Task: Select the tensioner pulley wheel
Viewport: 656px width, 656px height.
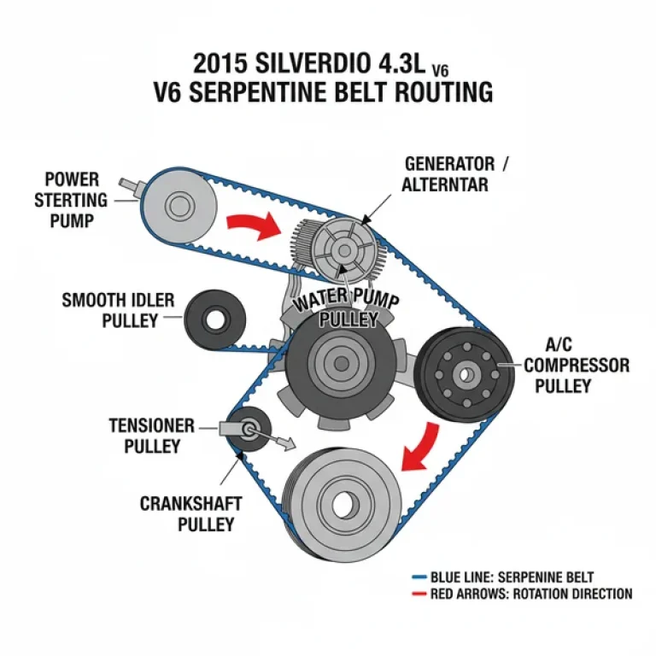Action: pyautogui.click(x=251, y=429)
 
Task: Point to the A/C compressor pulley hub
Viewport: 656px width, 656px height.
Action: pyautogui.click(x=466, y=373)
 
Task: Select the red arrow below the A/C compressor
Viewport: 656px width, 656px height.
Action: pyautogui.click(x=422, y=448)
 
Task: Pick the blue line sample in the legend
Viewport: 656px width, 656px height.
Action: pyautogui.click(x=419, y=577)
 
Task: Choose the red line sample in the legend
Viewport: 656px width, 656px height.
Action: pyautogui.click(x=419, y=594)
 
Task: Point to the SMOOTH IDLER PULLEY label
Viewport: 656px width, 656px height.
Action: pyautogui.click(x=119, y=311)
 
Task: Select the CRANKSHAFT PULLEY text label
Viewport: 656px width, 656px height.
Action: pyautogui.click(x=187, y=513)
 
